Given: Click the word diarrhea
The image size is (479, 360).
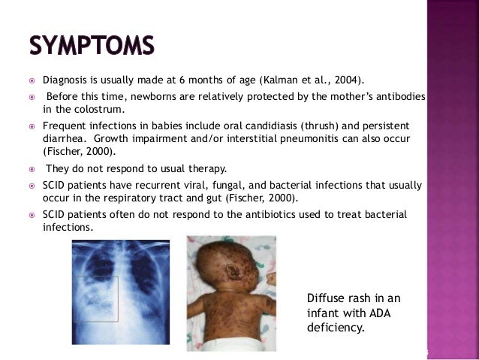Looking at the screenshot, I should [x=62, y=139].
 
